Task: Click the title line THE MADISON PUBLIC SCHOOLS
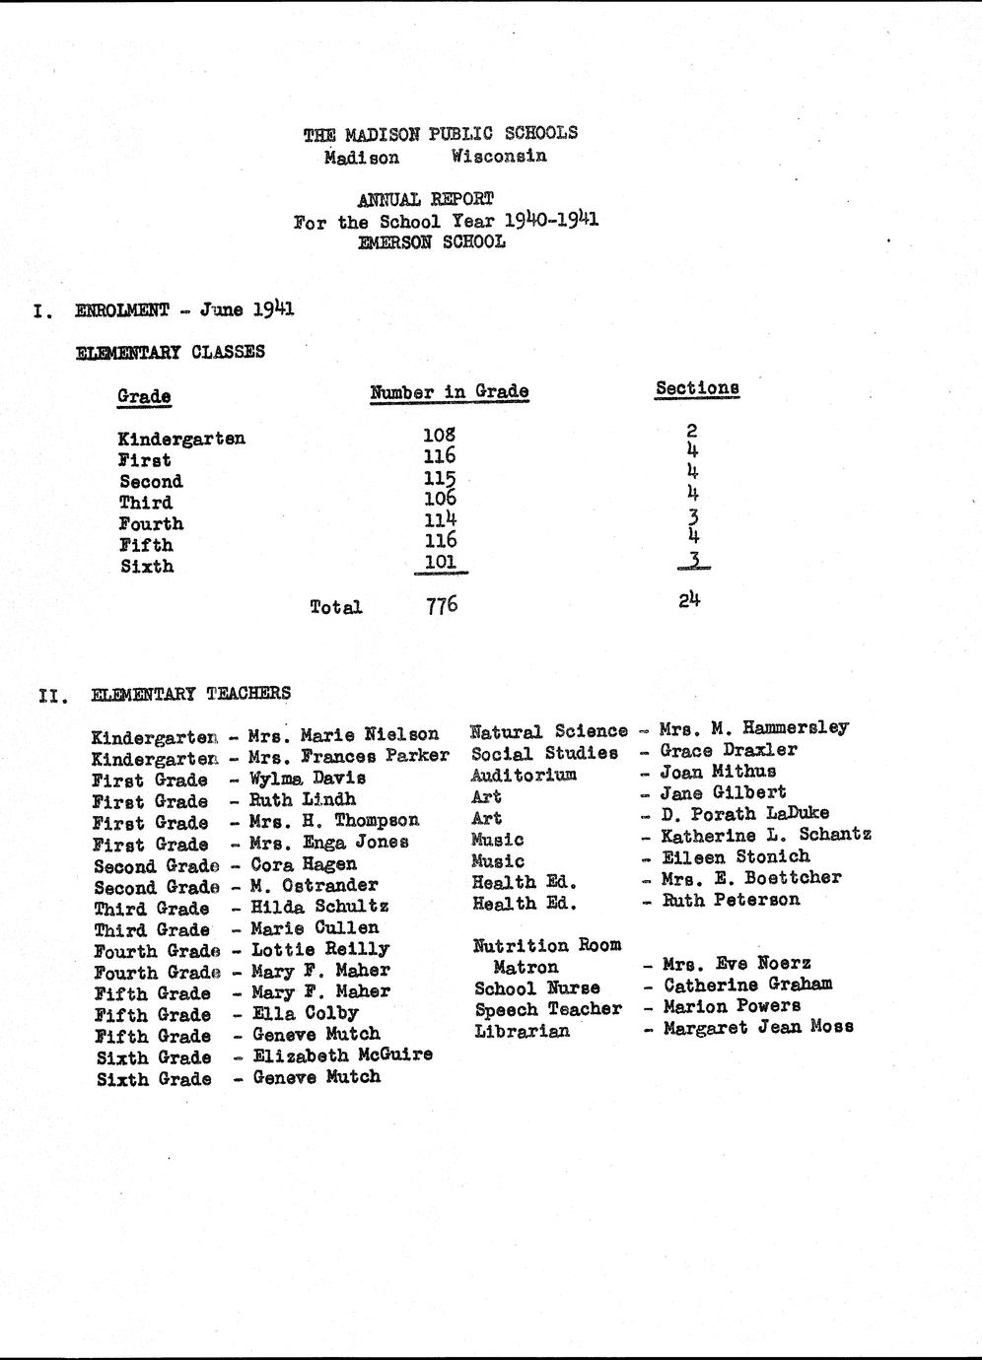pos(440,133)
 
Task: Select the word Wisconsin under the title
pos(499,156)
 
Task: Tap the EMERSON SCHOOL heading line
pos(432,241)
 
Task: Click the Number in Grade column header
pos(449,392)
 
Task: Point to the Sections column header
pos(697,388)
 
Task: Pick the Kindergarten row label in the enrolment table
pos(181,439)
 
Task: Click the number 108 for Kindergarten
pos(439,434)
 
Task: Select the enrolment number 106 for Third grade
pos(439,498)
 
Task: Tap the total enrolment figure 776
pos(442,605)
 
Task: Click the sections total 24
pos(689,598)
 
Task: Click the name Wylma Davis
pos(308,779)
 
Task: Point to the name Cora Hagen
pos(304,864)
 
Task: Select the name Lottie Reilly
pos(320,950)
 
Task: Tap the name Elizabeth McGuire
pos(342,1054)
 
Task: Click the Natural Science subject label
pos(548,731)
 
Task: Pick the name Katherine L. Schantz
pos(766,836)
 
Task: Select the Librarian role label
pos(522,1031)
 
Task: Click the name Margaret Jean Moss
pos(758,1027)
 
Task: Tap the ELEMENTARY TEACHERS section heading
pos(190,694)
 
